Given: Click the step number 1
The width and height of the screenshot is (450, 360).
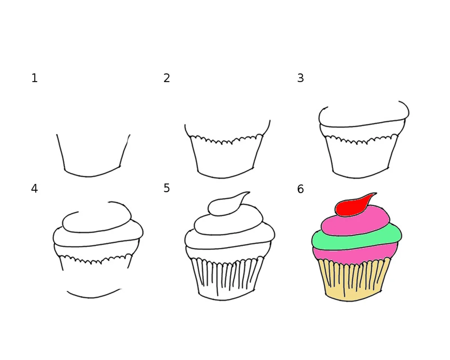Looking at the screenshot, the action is tap(34, 78).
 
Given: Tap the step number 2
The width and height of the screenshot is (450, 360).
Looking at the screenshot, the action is tap(166, 78).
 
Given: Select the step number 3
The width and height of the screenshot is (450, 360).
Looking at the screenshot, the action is tap(300, 78).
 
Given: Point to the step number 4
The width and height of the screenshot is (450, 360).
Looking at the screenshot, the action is tap(34, 189).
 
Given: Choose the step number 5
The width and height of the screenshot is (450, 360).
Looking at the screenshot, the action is tap(166, 188).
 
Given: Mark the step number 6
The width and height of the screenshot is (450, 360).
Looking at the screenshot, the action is tap(300, 189).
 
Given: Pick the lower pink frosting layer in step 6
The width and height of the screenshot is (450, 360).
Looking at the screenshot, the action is tap(355, 254).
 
